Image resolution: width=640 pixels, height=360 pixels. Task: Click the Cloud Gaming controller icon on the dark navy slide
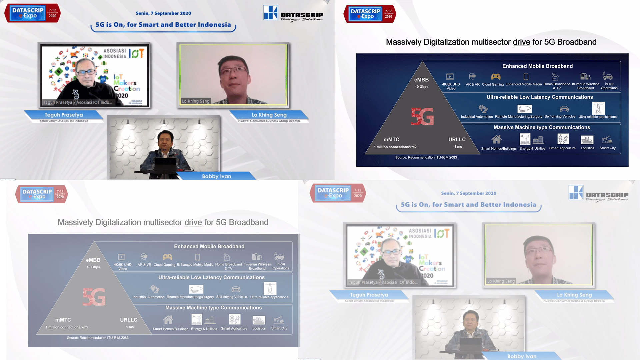(x=496, y=77)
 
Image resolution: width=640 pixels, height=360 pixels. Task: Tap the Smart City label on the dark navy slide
(x=607, y=148)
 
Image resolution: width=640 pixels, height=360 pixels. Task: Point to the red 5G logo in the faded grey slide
(x=94, y=297)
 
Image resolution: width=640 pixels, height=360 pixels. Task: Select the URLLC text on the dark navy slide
(x=457, y=139)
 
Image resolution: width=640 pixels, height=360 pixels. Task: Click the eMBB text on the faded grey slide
(x=93, y=260)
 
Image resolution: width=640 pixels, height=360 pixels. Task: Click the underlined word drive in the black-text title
(x=521, y=42)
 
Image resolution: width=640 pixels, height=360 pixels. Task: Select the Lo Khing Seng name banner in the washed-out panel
(x=574, y=295)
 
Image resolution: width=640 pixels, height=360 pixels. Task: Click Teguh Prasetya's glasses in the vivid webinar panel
(x=85, y=72)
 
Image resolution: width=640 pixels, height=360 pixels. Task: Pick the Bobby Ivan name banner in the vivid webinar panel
(x=216, y=176)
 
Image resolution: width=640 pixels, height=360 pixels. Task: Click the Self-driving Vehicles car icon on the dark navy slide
(x=564, y=109)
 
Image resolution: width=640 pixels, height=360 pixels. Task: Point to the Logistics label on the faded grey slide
(x=259, y=328)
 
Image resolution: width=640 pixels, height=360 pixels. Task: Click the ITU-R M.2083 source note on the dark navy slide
(x=426, y=157)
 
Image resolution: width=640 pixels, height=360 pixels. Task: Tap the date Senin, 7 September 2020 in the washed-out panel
(x=468, y=193)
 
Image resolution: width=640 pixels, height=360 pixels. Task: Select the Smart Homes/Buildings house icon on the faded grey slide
(x=168, y=320)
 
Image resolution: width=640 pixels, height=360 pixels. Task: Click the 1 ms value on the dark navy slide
(x=458, y=147)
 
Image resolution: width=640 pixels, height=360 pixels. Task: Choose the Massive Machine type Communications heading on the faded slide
(x=213, y=308)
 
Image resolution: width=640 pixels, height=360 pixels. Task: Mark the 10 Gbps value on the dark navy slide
(x=421, y=87)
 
